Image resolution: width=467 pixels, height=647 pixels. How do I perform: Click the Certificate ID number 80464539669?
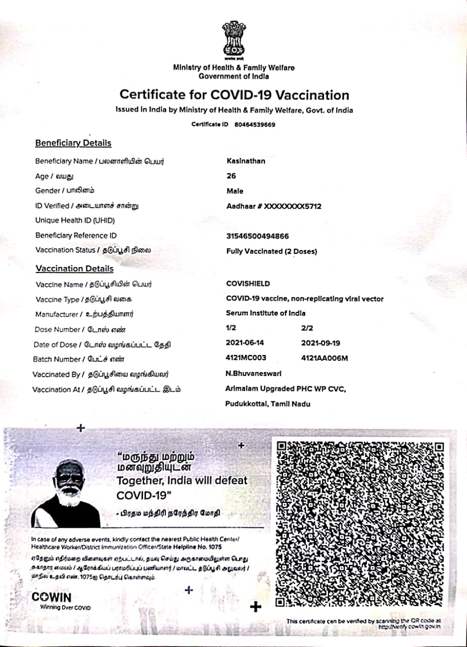255,125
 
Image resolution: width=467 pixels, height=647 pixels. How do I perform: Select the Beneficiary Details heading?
73,143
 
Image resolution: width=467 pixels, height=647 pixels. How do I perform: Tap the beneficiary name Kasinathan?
246,161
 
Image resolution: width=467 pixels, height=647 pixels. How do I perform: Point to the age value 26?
231,176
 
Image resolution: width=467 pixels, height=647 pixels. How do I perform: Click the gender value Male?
235,191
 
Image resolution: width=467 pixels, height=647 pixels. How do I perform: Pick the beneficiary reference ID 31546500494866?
258,236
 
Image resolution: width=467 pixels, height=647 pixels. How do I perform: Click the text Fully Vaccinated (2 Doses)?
272,251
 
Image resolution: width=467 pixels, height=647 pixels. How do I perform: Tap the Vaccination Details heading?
74,269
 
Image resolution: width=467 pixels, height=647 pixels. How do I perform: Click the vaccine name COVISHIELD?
248,284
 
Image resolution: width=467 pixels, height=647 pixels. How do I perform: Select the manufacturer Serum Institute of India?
266,313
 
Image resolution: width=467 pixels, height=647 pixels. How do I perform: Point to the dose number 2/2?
307,328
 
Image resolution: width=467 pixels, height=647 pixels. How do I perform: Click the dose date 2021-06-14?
245,343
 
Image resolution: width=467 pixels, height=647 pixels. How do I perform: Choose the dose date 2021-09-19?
320,343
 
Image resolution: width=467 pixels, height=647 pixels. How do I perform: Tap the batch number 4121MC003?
246,358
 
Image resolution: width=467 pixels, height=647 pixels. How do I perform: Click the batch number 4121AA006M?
325,358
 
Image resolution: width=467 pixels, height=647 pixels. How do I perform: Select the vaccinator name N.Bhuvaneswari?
253,373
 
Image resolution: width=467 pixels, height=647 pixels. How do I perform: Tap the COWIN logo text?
52,597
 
